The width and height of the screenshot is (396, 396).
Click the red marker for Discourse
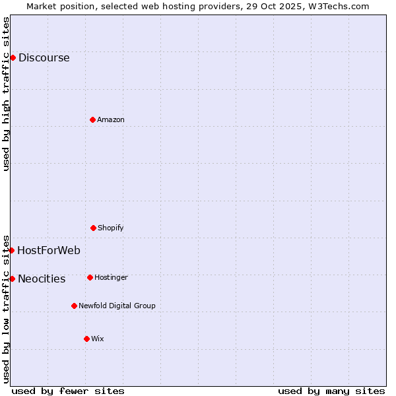click(x=13, y=57)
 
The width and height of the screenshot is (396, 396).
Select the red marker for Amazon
click(x=92, y=119)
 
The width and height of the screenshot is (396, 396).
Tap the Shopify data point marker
click(x=93, y=228)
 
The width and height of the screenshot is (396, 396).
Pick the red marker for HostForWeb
click(x=12, y=250)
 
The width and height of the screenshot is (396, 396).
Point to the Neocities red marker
click(x=12, y=279)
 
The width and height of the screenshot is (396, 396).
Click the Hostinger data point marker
click(x=90, y=277)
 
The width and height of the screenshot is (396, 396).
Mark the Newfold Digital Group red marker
click(x=74, y=306)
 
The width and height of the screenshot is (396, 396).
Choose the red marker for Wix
click(x=86, y=339)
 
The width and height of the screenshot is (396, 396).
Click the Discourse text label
click(x=44, y=57)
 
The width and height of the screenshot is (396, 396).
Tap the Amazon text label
click(x=111, y=119)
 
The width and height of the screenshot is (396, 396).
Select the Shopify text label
click(x=111, y=228)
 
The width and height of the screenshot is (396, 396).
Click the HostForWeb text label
click(x=49, y=250)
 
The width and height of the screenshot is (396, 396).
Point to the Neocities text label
click(x=42, y=279)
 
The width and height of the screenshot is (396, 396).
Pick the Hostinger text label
click(x=111, y=277)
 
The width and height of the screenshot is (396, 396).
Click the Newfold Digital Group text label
click(x=117, y=306)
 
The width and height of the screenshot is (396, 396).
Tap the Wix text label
click(x=98, y=339)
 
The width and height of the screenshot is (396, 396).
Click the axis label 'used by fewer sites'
click(x=68, y=391)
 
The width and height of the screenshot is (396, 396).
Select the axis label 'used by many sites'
click(x=331, y=391)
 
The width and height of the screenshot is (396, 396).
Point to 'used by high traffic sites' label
click(x=6, y=94)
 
